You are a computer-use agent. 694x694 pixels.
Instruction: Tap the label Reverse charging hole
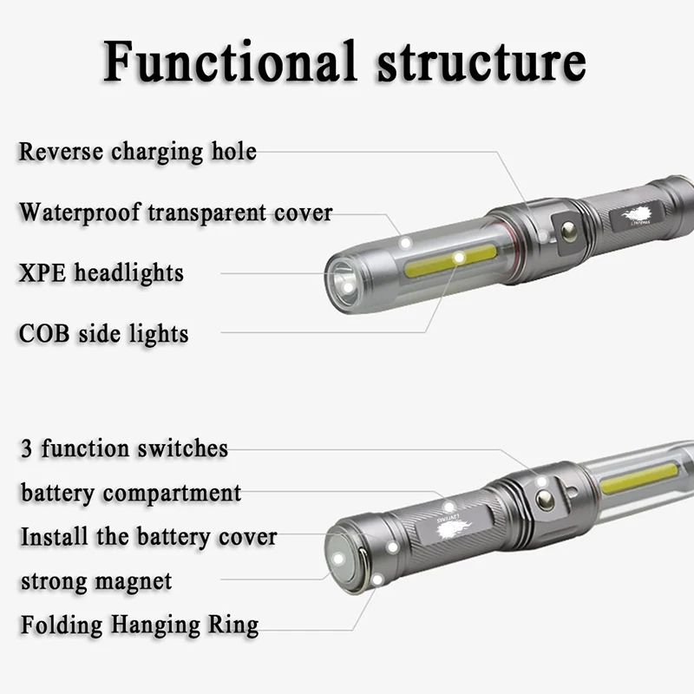(x=138, y=152)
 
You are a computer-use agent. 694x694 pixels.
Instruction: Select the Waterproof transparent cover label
(x=176, y=213)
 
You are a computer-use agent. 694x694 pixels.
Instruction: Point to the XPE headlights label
(x=101, y=273)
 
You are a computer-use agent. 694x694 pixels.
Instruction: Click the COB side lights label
(x=104, y=333)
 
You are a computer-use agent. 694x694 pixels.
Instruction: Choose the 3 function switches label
(x=124, y=448)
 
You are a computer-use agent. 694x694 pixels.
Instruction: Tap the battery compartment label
(x=131, y=493)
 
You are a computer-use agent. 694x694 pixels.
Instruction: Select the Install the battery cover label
(x=148, y=536)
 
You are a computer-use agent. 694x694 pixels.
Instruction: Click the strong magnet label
(x=96, y=580)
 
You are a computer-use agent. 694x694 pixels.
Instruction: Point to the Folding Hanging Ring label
(x=140, y=625)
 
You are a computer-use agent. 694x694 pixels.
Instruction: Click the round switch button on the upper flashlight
(x=569, y=231)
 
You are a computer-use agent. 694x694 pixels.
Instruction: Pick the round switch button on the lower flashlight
(x=545, y=499)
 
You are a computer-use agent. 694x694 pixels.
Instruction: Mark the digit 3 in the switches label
(x=26, y=449)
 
